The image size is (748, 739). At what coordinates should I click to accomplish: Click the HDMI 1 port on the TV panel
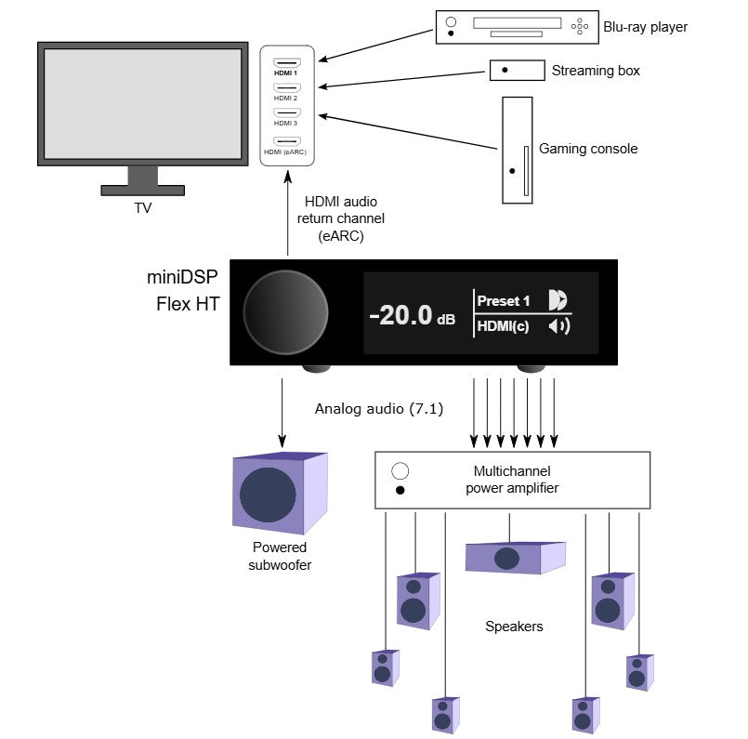pos(287,63)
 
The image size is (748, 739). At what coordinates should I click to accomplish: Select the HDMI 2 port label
pos(286,99)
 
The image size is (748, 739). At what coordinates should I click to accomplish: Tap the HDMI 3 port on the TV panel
pos(287,113)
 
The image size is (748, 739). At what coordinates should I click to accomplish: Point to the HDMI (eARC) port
pos(287,141)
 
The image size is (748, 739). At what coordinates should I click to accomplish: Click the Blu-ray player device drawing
pos(518,27)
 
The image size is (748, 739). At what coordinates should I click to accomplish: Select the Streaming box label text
pos(596,71)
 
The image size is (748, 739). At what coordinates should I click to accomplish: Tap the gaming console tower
pos(518,151)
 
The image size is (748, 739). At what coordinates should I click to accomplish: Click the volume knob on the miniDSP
pos(286,312)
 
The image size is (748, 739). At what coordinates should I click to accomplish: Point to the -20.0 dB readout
pos(413,315)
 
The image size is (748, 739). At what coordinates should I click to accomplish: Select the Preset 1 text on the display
pos(504,301)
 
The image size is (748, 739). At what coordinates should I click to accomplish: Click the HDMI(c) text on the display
pos(503,326)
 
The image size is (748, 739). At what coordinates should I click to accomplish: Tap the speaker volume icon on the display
pos(559,326)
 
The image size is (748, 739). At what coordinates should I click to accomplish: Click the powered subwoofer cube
pos(280,494)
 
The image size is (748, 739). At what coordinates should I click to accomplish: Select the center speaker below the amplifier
pos(515,558)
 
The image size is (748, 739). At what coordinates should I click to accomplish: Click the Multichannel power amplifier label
pos(512,480)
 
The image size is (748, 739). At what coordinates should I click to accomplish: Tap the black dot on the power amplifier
pos(400,490)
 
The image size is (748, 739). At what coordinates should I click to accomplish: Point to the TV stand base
pos(143,191)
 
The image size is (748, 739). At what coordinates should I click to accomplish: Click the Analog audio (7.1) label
pos(379,409)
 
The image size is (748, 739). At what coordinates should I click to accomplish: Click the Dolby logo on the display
pos(558,300)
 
